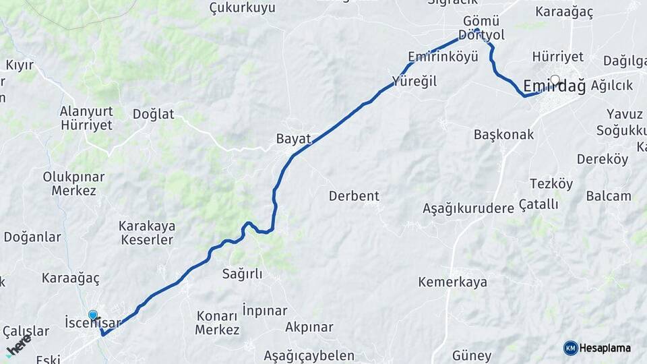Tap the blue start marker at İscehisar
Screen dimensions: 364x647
(93, 315)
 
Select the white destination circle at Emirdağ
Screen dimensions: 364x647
(555, 80)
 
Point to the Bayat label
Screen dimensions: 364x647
(293, 140)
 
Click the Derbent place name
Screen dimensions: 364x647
(354, 196)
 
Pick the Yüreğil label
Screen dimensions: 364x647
(414, 82)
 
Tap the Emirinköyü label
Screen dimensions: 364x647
(443, 56)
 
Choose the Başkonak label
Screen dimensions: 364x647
(503, 134)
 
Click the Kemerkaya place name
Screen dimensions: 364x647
(452, 282)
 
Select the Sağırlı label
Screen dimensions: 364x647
(242, 274)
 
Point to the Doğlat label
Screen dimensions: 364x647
(153, 114)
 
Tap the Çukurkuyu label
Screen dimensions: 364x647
(243, 8)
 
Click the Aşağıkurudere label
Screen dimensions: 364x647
(468, 208)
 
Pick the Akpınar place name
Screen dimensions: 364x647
(309, 327)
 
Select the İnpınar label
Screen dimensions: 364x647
(264, 311)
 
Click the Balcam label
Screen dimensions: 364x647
(609, 196)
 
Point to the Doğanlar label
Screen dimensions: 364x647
(32, 237)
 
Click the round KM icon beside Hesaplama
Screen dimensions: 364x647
(570, 348)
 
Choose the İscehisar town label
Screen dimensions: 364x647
(92, 323)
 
